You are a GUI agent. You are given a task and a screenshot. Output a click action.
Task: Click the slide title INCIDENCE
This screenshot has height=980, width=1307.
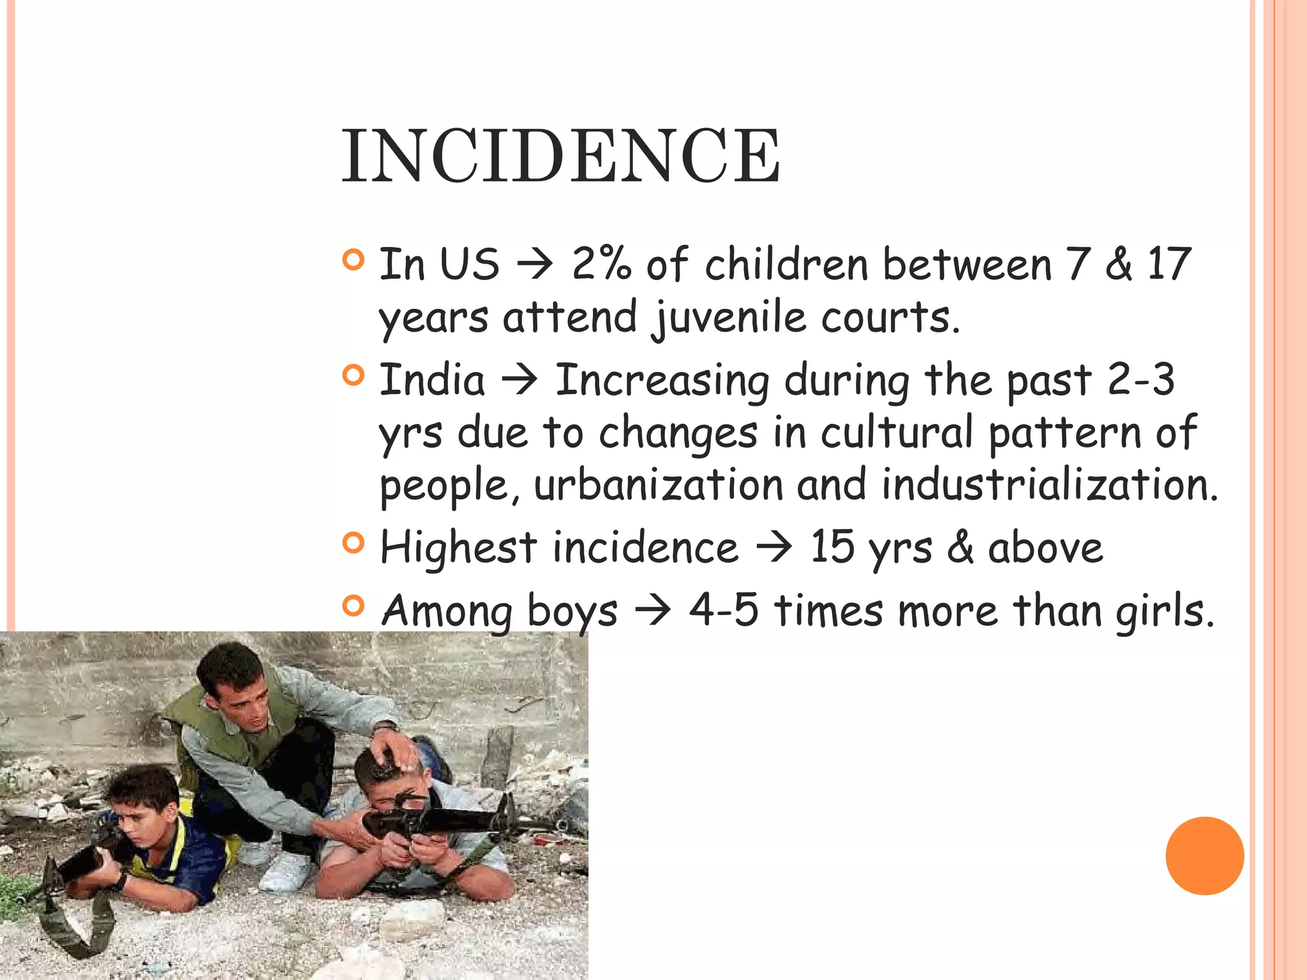pos(560,156)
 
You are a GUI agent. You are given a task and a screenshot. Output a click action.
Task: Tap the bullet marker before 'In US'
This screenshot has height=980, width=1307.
pos(353,260)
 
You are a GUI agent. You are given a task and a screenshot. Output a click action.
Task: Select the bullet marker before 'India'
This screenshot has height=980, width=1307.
pos(353,375)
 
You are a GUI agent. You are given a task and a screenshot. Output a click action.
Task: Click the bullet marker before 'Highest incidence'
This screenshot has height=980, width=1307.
pos(353,543)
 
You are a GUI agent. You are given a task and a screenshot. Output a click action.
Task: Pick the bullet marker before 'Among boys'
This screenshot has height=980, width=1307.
pos(353,605)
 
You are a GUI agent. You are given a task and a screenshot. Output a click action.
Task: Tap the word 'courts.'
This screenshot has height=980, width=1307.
pos(890,317)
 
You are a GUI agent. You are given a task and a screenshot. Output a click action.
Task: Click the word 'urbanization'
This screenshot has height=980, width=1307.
pos(657,485)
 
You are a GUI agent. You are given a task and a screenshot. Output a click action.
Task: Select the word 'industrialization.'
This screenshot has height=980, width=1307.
pos(1050,485)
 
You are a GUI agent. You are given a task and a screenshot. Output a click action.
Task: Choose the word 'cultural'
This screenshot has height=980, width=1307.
pos(897,433)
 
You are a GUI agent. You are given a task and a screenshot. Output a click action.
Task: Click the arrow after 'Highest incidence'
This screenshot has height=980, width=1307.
pos(773,547)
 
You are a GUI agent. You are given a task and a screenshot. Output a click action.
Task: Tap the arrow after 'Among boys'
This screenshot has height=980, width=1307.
pos(652,611)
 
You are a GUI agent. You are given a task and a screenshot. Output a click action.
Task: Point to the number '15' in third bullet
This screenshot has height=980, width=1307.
pos(832,547)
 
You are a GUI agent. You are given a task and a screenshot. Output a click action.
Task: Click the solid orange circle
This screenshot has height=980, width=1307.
pos(1204,856)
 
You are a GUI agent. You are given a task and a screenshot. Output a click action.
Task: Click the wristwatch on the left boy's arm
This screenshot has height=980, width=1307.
pos(121,881)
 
